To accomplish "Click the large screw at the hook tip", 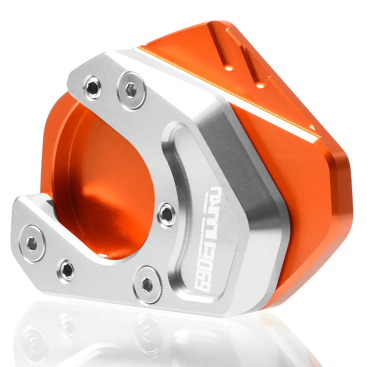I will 33,243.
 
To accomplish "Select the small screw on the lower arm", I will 67,270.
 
